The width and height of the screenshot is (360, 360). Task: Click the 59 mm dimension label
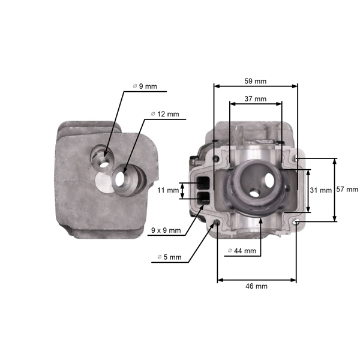click(256, 81)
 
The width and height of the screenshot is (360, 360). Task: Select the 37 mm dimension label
click(256, 98)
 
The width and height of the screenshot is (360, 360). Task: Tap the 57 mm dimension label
click(347, 190)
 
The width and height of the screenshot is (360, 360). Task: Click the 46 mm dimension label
click(257, 286)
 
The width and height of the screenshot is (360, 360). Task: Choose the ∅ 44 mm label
click(242, 251)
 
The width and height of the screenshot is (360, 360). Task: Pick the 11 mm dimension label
click(169, 191)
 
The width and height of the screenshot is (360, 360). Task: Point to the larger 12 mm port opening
click(124, 179)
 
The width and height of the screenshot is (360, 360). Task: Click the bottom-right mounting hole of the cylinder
click(296, 221)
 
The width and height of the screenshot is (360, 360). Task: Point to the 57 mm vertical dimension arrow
click(335, 190)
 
